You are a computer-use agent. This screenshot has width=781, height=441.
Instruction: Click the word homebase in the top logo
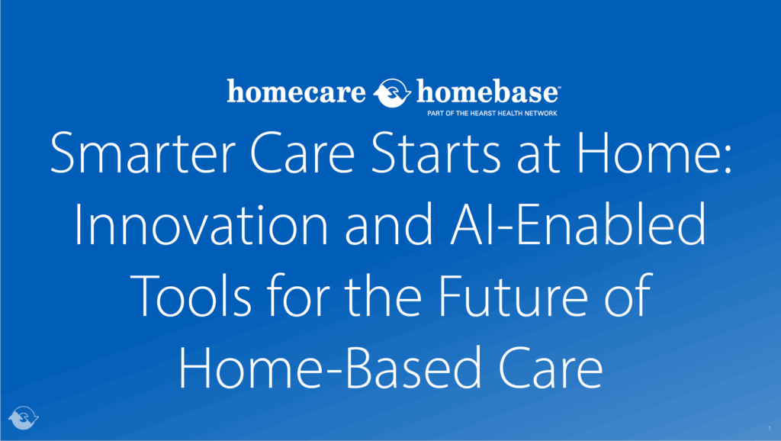coord(487,94)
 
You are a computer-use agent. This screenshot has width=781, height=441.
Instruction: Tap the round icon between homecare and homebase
coord(394,94)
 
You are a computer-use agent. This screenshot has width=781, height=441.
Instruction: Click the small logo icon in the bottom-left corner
coord(23,418)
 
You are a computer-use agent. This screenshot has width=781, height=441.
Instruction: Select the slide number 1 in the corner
coord(770,430)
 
